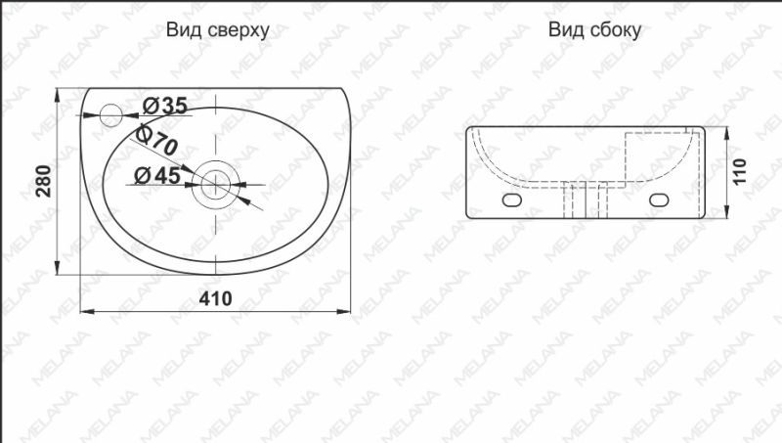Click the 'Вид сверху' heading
pos(217,30)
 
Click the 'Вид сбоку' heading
pos(594,30)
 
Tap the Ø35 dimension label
pos(164,105)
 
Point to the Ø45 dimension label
pos(154,176)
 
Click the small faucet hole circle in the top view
pos(112,115)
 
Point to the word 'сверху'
pos(239,30)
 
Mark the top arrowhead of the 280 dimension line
pos(61,95)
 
